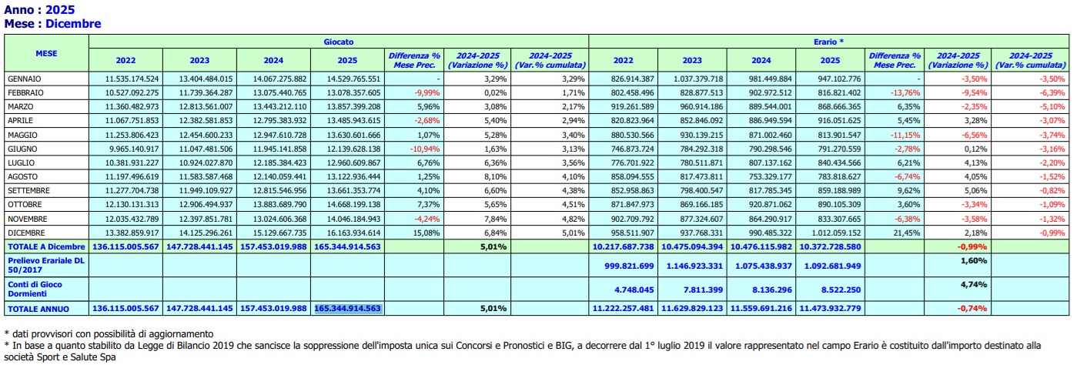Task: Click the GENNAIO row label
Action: point(24,79)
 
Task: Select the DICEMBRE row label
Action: point(26,232)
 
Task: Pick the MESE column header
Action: point(46,53)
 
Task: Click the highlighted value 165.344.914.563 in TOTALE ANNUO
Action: point(348,308)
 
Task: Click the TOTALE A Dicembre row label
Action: point(45,246)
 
